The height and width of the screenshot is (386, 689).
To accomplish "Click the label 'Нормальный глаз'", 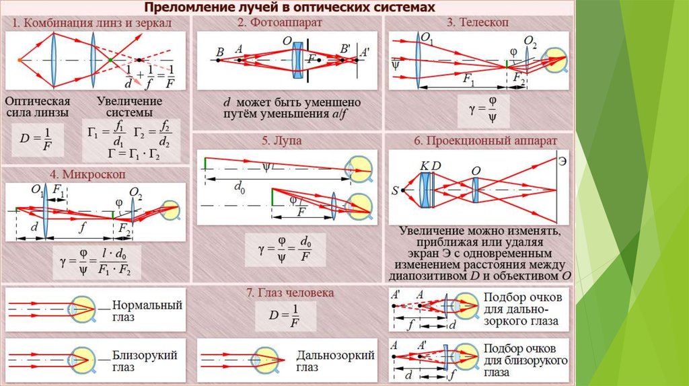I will point(147,310).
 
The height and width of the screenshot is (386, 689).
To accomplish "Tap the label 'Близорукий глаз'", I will point(147,361).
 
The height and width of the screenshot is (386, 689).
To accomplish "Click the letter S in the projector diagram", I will point(395,190).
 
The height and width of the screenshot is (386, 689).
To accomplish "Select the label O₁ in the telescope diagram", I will point(427,38).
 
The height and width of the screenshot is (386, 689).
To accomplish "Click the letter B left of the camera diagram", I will point(219,51).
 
